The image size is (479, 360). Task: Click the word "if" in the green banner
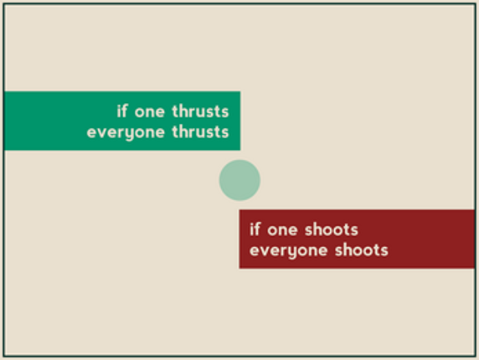[122, 111]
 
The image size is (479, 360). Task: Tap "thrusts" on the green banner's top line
[200, 111]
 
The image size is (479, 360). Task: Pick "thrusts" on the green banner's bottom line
[200, 131]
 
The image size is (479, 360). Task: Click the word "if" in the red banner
[255, 229]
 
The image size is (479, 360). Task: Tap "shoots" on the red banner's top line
[332, 229]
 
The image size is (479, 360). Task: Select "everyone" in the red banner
[289, 251]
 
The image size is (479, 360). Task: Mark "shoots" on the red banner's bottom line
[362, 249]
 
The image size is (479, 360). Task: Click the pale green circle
[239, 180]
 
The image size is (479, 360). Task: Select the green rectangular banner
[122, 121]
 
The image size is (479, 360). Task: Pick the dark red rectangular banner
[357, 239]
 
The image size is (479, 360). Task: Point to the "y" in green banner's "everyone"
[130, 134]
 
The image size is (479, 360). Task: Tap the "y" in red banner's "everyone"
[292, 253]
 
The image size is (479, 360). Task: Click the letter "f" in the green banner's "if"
[124, 111]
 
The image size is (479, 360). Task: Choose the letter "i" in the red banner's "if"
[251, 229]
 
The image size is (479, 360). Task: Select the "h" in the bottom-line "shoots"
[348, 249]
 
